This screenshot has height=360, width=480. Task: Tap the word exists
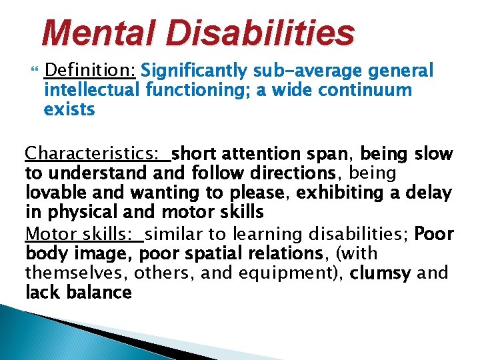pyautogui.click(x=69, y=109)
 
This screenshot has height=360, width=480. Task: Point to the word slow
pyautogui.click(x=433, y=155)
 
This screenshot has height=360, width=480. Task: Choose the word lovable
pyautogui.click(x=57, y=194)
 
